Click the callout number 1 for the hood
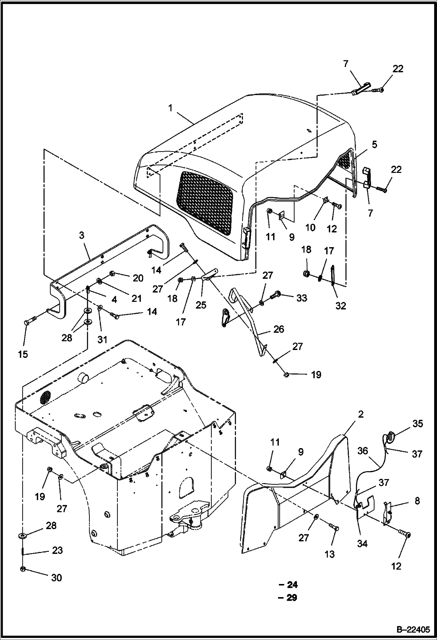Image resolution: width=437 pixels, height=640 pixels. click(x=170, y=108)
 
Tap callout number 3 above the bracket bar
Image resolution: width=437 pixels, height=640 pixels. click(x=82, y=235)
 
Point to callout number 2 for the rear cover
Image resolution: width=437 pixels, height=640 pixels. click(x=361, y=414)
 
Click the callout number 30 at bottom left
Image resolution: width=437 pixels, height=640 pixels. click(x=57, y=578)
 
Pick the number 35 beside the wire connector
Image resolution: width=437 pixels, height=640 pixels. click(x=417, y=424)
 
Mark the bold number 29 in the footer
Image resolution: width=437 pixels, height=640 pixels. click(x=292, y=598)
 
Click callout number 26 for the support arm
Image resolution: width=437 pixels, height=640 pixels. click(x=279, y=329)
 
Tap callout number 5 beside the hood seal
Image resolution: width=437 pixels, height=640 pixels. click(x=374, y=144)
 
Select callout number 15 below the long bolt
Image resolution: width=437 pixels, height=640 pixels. click(x=23, y=354)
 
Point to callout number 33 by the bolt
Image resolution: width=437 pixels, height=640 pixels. click(x=302, y=298)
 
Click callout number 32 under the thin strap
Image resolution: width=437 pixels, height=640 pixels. click(x=340, y=306)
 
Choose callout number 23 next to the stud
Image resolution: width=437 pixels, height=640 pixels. click(x=57, y=550)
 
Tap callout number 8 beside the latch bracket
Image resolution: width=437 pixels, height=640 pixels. click(x=417, y=501)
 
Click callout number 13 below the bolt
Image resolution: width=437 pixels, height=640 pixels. click(x=330, y=554)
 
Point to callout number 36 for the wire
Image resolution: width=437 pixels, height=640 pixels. click(x=363, y=451)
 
